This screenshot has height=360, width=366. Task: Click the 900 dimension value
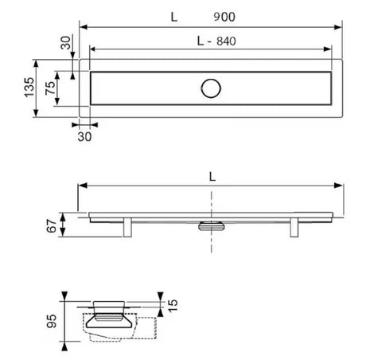point(224,17)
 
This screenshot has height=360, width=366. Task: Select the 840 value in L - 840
point(226,41)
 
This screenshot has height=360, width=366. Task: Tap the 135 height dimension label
point(29,88)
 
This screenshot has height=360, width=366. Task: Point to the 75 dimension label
point(50,88)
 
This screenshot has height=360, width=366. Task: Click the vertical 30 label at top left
point(66,43)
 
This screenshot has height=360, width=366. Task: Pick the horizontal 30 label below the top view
point(84,137)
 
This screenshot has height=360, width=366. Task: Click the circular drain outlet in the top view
point(211,88)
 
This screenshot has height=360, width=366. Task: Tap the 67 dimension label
point(52,226)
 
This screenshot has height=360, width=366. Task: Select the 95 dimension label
point(52,321)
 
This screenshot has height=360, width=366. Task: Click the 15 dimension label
point(173,306)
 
